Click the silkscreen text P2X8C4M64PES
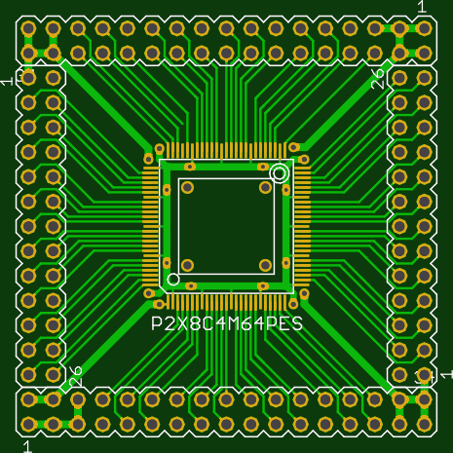pos(227,323)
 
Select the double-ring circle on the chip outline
pos(280,173)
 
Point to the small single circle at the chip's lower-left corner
pos(173,279)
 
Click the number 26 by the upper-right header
pos(378,80)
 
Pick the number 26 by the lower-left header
pos(76,376)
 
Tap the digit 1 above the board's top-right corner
pos(422,7)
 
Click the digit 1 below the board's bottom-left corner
pos(27,446)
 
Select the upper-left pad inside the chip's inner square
pos(187,187)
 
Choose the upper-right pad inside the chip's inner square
pos(265,187)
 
